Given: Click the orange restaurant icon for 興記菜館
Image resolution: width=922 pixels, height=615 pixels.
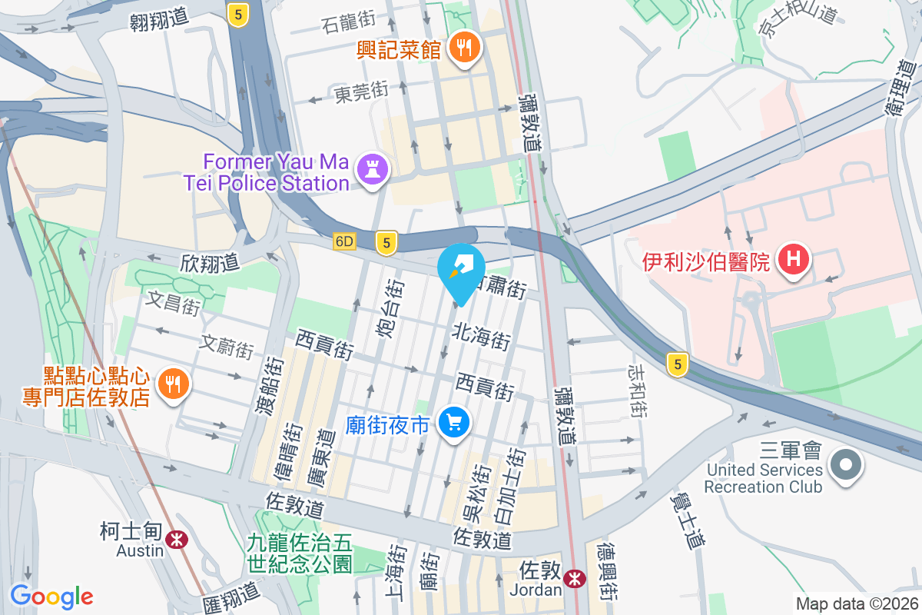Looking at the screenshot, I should point(463,49).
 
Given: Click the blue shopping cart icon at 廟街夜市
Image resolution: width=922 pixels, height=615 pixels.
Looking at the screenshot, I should point(453,422).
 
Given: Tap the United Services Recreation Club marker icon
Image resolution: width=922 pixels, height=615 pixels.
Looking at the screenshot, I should point(846,464).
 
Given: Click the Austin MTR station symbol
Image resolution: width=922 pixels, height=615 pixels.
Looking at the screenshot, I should point(177,540).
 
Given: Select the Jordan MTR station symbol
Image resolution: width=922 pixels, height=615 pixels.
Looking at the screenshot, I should point(574,579).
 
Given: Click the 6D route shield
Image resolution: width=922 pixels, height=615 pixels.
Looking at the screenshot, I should point(345,241).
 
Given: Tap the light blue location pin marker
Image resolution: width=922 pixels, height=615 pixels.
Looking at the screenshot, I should point(460,269).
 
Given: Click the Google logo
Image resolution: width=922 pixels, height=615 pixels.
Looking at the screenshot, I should point(51,597).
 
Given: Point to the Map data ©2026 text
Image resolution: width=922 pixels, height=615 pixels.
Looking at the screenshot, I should point(856,603).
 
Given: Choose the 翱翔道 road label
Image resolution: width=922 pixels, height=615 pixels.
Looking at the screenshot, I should point(159,19).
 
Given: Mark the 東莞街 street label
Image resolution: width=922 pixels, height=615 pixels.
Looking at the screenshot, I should point(361,93).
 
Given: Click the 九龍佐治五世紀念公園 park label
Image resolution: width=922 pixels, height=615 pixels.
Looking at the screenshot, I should point(300,553).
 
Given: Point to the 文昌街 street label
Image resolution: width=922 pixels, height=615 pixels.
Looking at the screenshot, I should point(173,302).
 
